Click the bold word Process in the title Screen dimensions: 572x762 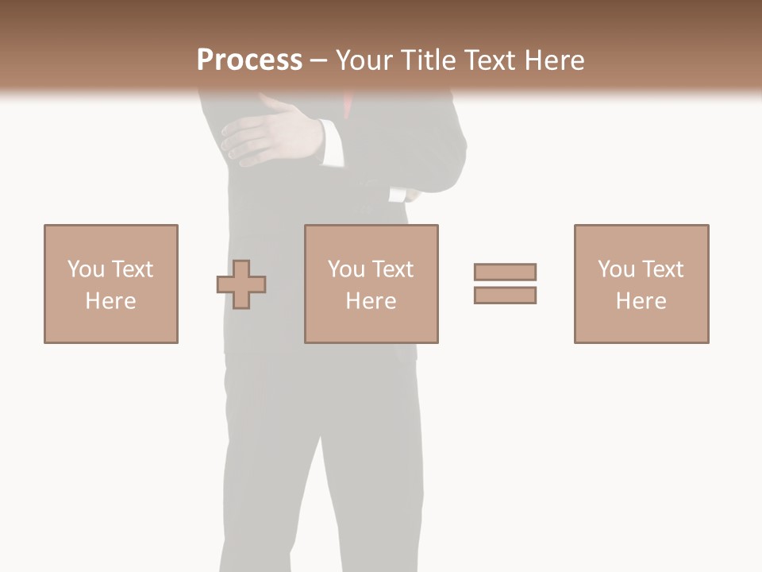tap(249, 60)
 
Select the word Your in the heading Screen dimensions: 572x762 tap(364, 60)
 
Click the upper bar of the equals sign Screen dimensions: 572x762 tap(505, 272)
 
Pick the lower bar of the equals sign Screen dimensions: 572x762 tap(505, 295)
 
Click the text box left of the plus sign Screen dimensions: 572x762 tap(111, 284)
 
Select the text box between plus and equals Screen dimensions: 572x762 tap(371, 284)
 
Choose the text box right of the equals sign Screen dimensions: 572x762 tap(641, 284)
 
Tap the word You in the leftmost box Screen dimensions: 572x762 tap(86, 269)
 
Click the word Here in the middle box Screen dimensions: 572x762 tap(371, 301)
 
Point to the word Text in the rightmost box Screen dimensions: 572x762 tap(662, 269)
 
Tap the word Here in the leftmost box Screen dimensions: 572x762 tap(111, 301)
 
